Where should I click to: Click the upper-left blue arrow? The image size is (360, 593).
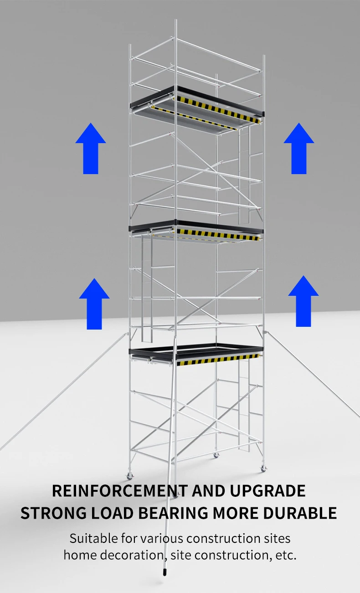coord(91,148)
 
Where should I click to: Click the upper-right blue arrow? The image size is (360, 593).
coord(299,148)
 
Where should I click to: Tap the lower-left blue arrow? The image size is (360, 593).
coord(94,304)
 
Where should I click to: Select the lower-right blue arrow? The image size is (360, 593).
coord(303,301)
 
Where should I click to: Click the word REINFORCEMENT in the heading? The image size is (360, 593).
coord(120,491)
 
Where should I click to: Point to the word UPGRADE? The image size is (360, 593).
coord(267,491)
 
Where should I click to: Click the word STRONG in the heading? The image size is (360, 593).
coord(53,513)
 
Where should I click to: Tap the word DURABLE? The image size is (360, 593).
coord(300,513)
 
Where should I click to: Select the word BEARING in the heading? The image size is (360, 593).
coord(173,513)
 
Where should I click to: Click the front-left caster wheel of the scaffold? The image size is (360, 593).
coord(129,476)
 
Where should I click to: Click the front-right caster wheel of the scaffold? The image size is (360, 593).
coord(263,469)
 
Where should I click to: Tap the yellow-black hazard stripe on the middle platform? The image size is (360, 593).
coord(217,235)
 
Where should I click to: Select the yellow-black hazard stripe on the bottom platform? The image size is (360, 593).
coord(217,360)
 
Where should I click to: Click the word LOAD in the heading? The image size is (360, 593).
coord(112,513)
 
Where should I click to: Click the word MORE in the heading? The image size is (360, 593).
coord(236,513)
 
